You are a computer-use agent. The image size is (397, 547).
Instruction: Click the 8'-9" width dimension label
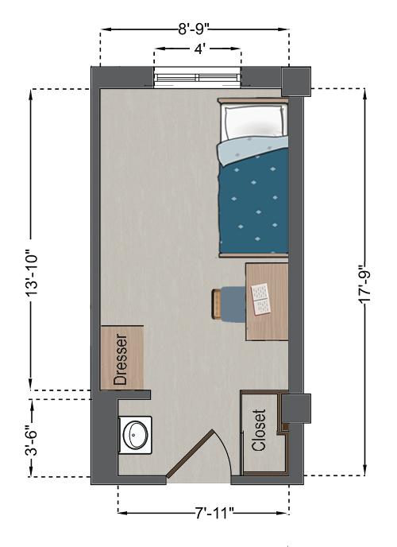click(x=193, y=29)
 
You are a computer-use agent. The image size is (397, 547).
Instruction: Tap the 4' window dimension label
click(x=198, y=48)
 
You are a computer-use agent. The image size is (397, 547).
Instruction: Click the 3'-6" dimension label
click(x=31, y=439)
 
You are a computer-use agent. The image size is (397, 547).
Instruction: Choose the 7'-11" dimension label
click(x=214, y=513)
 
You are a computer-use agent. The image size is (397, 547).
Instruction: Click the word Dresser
click(x=121, y=359)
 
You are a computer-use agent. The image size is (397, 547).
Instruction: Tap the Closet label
click(x=259, y=430)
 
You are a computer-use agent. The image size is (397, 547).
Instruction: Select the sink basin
click(x=136, y=435)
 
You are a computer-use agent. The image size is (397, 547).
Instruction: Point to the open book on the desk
click(x=261, y=299)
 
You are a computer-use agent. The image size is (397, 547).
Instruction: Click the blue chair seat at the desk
click(x=233, y=305)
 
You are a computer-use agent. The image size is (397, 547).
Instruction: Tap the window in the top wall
click(x=198, y=78)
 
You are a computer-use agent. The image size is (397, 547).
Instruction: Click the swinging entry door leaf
click(x=190, y=454)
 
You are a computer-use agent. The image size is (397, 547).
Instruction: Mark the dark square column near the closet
click(x=296, y=409)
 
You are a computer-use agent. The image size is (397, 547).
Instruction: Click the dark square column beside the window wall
click(x=296, y=82)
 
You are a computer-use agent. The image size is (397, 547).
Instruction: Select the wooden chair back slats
click(x=217, y=305)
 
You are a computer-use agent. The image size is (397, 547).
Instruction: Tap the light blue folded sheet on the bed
click(x=252, y=150)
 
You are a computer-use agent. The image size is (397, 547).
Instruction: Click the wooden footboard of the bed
click(x=253, y=255)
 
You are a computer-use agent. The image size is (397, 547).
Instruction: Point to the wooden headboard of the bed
click(x=253, y=101)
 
